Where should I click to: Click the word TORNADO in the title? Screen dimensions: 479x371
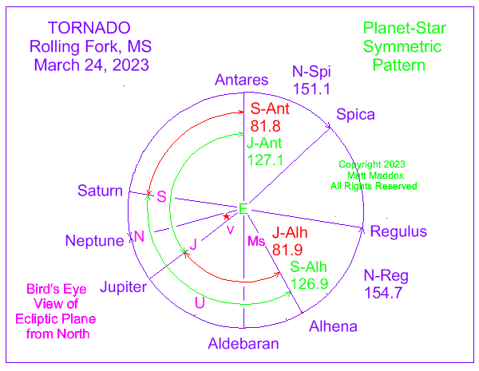pos(89,28)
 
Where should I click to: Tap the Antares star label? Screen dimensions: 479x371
pos(241,80)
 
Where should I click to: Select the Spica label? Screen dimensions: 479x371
pos(355,115)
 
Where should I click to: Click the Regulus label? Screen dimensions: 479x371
pos(398,231)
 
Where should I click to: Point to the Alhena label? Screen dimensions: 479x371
pos(333,326)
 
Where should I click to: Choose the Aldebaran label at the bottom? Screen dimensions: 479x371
pos(243,344)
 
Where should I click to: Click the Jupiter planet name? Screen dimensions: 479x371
pos(124,287)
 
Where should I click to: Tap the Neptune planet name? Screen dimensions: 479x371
pos(95,241)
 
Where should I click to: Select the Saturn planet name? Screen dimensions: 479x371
pos(100,191)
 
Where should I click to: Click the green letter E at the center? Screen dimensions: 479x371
pos(243,209)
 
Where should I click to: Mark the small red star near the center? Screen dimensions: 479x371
pos(227,216)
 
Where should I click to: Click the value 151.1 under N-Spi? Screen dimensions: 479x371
pos(311,89)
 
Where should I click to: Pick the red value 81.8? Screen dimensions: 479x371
pos(265,126)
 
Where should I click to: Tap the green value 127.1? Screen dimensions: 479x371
pos(265,160)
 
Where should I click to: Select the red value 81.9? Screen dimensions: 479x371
pos(287,250)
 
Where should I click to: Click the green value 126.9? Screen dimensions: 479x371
pos(310,284)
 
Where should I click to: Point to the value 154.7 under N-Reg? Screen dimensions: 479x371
pos(383,293)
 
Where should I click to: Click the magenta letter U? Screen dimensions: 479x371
pos(200,303)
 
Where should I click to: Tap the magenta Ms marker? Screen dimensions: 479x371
pos(256,241)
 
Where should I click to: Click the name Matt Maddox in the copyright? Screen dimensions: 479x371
pos(375,176)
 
